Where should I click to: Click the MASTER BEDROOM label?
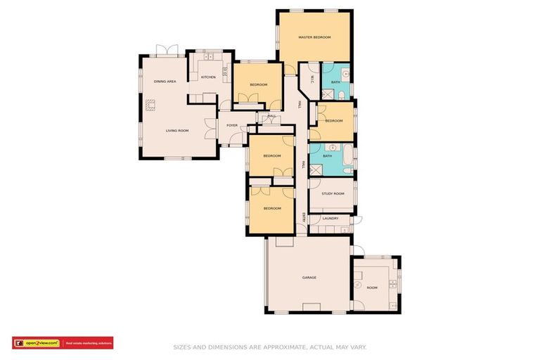coord(314,37)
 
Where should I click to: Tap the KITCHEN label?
coord(208,77)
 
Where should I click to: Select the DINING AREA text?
coord(165,82)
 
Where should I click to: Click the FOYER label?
coord(232,126)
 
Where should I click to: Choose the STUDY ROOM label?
coord(333,193)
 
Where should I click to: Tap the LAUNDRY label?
coord(330,219)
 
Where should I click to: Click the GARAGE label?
coord(309,278)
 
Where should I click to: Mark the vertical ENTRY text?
coord(304,218)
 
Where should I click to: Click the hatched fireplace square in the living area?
coord(150,105)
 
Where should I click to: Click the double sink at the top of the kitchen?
coord(208,56)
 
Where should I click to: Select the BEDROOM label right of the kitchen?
coord(259,85)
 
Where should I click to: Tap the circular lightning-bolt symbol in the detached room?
coord(359,286)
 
